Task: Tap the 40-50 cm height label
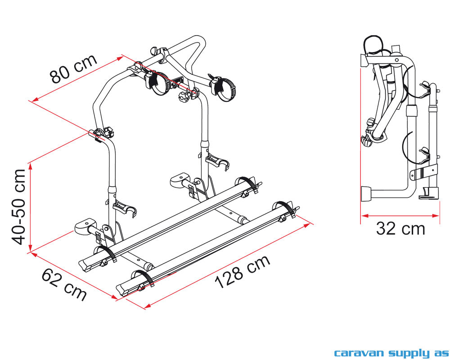(x=19, y=207)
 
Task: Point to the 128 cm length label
(x=243, y=271)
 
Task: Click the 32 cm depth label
(x=400, y=229)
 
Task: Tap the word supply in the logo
(x=409, y=353)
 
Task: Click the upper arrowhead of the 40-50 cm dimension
(x=30, y=166)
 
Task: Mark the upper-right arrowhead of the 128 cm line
(x=307, y=225)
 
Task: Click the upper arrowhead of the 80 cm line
(x=120, y=58)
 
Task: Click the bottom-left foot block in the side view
(x=366, y=194)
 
